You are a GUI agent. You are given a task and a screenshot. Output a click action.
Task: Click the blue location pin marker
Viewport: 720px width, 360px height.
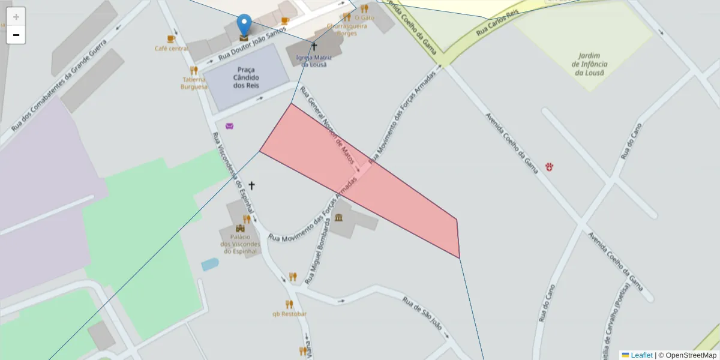coord(244,25)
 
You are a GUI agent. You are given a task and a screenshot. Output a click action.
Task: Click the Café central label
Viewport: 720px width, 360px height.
coord(171,49)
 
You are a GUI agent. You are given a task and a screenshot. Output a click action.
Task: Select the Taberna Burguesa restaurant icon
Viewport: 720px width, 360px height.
coord(194,71)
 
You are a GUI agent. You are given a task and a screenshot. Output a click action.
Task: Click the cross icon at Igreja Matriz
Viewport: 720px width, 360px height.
coord(314,46)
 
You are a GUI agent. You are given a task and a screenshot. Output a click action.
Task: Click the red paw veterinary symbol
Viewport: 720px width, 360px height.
coord(549,166)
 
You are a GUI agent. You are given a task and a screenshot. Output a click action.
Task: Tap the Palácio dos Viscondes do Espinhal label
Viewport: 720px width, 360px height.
coord(240,244)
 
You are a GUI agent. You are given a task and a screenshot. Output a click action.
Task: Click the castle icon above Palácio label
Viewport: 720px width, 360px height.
coord(241,229)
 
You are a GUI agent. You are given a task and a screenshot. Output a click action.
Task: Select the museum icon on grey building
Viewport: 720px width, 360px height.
coord(339,217)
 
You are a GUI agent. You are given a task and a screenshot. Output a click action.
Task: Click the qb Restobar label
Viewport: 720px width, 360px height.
coord(289,314)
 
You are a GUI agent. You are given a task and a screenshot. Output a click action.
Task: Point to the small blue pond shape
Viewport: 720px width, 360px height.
coord(210,264)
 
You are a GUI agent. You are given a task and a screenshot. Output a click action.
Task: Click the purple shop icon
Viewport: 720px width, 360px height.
coord(230,126)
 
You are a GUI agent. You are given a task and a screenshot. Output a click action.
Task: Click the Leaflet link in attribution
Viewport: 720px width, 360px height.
coord(641,355)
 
